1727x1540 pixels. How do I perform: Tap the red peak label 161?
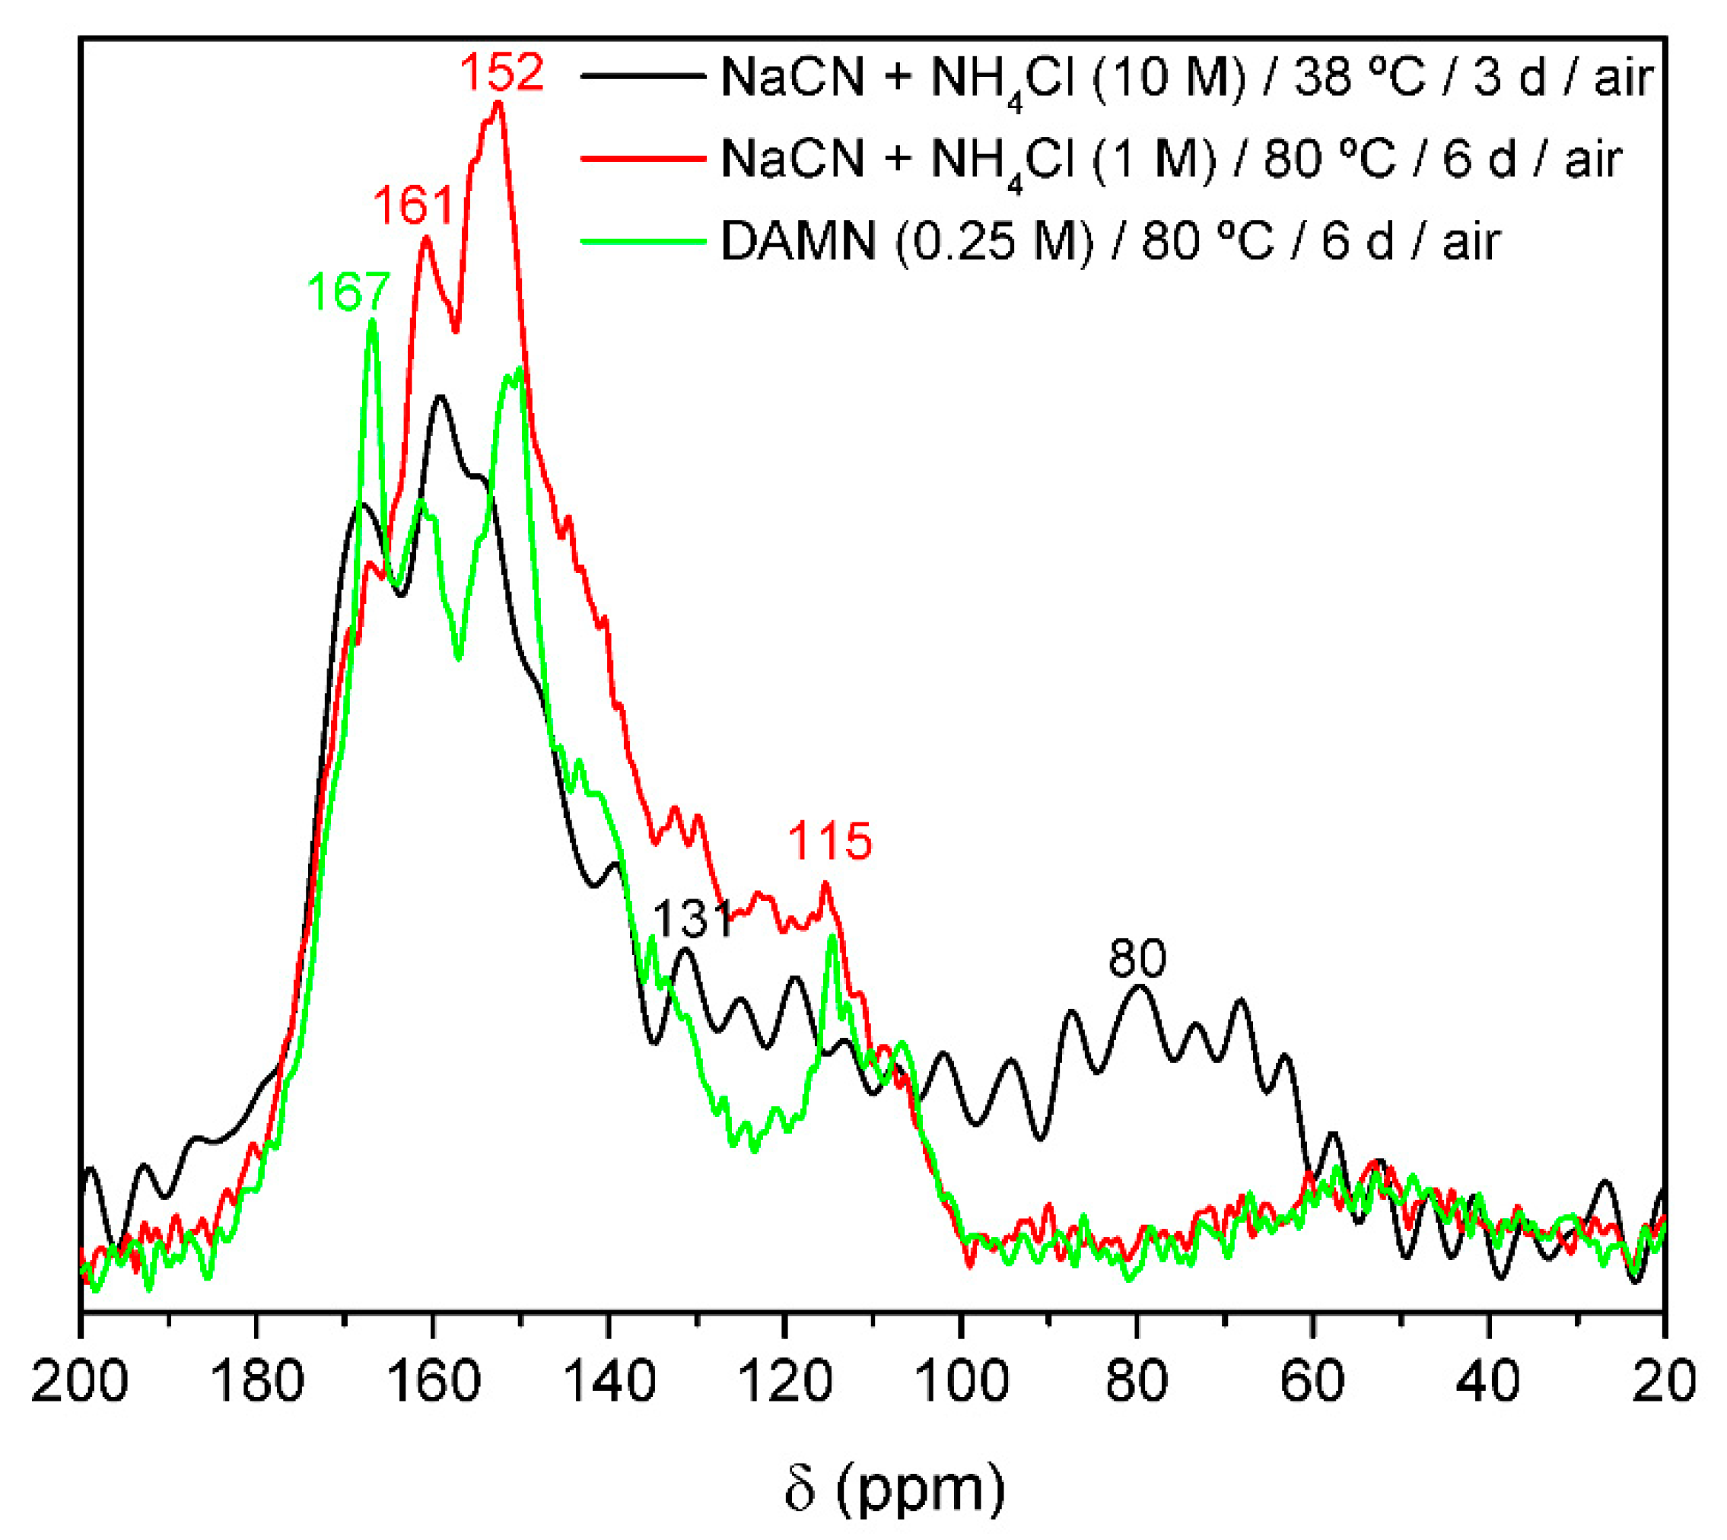[x=414, y=205]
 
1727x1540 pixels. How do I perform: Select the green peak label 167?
[x=348, y=292]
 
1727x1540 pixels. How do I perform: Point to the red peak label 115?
[x=829, y=842]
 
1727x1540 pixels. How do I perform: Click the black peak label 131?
[x=693, y=920]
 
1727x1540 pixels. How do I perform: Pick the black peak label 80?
[x=1137, y=959]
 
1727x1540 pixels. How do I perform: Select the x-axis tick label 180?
[x=256, y=1382]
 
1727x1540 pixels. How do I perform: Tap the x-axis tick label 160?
[x=432, y=1382]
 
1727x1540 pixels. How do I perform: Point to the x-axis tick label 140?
[x=609, y=1382]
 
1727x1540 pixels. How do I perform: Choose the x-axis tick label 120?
[x=784, y=1382]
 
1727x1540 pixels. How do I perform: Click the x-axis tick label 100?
[x=960, y=1382]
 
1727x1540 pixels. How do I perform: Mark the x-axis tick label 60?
[x=1312, y=1382]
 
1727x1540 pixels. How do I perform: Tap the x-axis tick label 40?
[x=1489, y=1382]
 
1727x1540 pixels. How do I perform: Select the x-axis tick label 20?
[x=1664, y=1382]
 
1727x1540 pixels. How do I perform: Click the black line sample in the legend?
[x=643, y=76]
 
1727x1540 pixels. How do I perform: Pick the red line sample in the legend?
[x=643, y=158]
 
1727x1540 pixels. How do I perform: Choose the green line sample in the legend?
[x=643, y=241]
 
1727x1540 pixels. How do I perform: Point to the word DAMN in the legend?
[x=798, y=242]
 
